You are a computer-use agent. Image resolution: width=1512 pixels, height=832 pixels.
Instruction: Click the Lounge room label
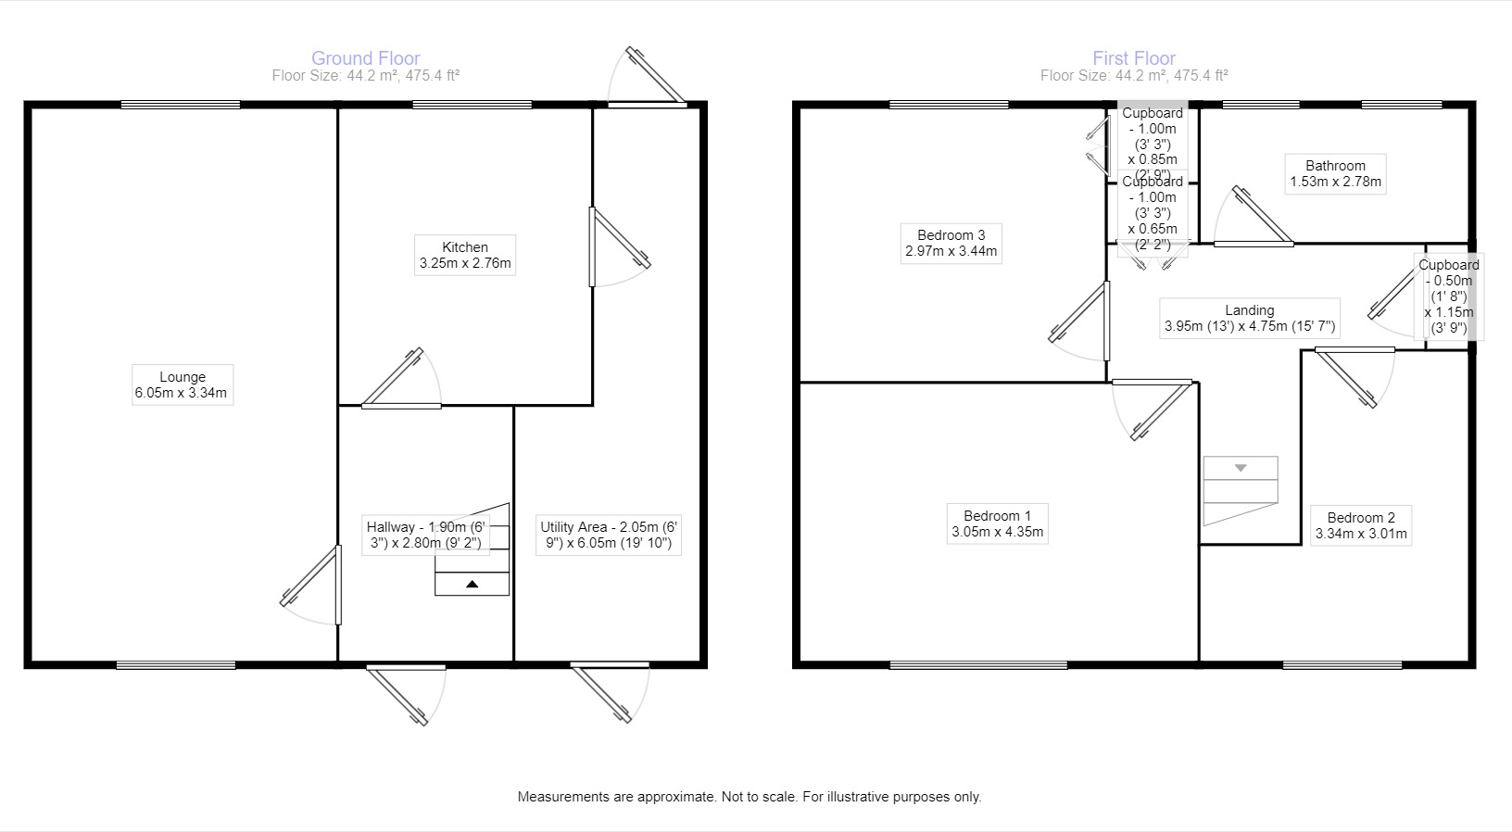(182, 384)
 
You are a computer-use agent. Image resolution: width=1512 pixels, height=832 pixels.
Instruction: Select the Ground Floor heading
(365, 58)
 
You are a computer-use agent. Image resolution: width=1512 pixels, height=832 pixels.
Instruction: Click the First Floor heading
(1133, 58)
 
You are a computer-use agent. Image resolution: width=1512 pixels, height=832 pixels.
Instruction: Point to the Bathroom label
(1335, 173)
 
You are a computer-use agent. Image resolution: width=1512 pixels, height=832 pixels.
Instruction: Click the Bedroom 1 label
(997, 523)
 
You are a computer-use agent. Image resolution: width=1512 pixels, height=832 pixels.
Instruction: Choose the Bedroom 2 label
(1360, 525)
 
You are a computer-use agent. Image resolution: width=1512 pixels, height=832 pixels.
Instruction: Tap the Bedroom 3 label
(951, 243)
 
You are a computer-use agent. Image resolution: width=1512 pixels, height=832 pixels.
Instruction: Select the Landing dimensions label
(1249, 318)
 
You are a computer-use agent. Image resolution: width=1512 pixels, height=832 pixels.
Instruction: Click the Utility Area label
(609, 535)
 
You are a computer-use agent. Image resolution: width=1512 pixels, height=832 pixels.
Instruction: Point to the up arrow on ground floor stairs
(472, 585)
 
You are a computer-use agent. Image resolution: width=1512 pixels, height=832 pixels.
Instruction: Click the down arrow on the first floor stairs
(1240, 468)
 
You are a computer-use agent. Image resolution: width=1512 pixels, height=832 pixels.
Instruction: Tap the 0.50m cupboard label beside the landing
(1448, 296)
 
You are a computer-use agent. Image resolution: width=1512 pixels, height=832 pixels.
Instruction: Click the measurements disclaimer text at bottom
(749, 797)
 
